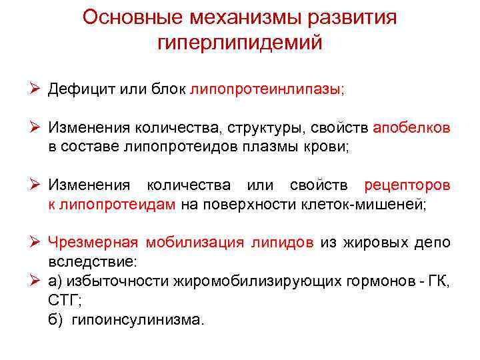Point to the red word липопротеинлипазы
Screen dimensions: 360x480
[266, 90]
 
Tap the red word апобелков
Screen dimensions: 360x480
[411, 127]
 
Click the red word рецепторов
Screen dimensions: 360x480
[407, 185]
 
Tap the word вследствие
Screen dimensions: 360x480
[87, 261]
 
